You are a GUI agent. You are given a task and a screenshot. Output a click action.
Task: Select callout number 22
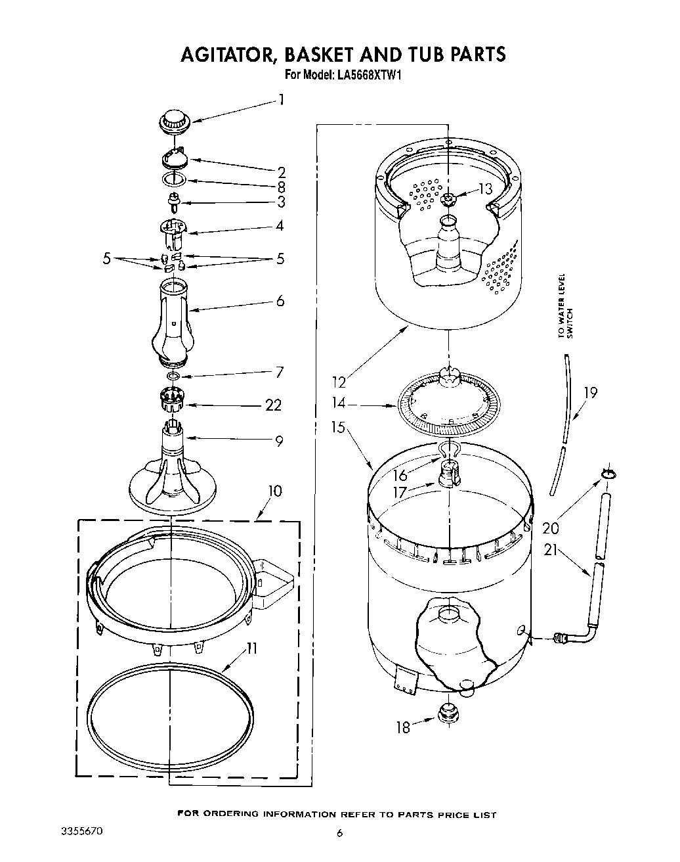coord(273,405)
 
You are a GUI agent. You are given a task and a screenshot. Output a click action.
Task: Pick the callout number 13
coord(485,189)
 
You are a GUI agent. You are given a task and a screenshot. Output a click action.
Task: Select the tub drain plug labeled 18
coord(448,714)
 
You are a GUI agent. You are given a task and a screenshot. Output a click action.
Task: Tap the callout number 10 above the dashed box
coord(275,491)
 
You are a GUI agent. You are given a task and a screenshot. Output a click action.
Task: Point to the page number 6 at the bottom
coord(339,833)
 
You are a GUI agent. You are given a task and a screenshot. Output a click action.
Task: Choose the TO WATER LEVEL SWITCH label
coord(565,306)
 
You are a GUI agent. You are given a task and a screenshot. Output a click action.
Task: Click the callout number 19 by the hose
coord(590,393)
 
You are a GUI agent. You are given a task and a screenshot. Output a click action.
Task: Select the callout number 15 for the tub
coord(339,428)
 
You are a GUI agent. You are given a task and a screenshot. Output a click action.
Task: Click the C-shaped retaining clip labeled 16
coord(449,450)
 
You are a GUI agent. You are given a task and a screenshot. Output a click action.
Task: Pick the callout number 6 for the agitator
coord(280,302)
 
